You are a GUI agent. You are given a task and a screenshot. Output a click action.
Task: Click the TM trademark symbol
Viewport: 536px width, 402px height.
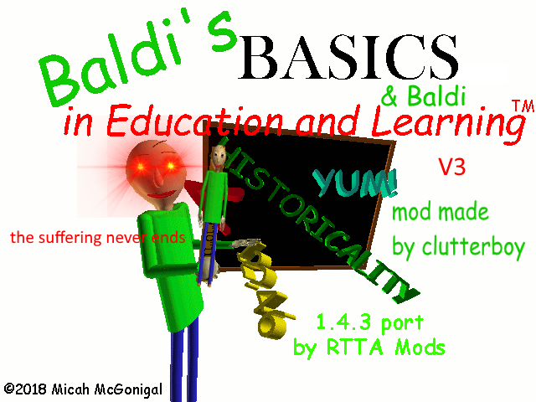(518, 106)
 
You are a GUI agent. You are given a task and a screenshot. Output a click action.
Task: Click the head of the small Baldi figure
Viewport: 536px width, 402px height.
(216, 155)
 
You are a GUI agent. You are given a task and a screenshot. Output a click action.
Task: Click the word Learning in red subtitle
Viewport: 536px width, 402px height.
(448, 123)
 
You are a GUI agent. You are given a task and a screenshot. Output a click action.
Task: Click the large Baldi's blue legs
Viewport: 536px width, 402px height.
(185, 352)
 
